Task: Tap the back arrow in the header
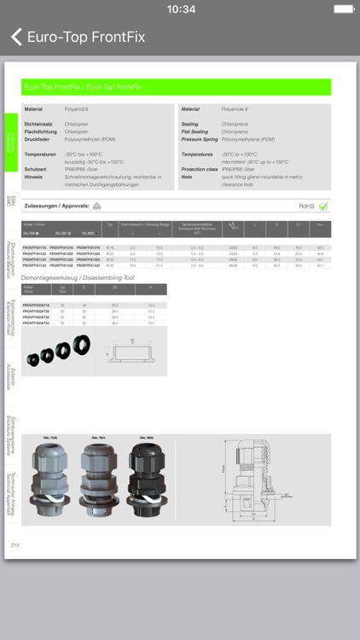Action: [15, 37]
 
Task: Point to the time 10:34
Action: [180, 9]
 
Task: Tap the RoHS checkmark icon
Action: [323, 206]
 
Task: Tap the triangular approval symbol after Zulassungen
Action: [96, 206]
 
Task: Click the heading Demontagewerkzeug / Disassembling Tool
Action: [78, 277]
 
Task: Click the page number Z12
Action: [15, 544]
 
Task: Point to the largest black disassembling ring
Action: [82, 346]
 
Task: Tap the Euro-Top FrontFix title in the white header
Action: [86, 37]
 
